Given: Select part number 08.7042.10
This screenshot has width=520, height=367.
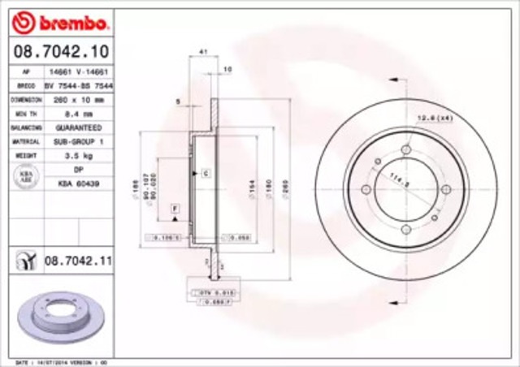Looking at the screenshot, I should pos(61,53).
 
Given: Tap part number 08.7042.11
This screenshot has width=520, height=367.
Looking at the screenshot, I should pos(77,260).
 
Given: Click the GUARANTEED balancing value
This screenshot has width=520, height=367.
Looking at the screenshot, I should pos(78,128).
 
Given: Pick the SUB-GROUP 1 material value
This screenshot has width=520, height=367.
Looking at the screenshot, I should pos(78,140).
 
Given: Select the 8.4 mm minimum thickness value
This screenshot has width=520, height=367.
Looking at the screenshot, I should pos(78,115).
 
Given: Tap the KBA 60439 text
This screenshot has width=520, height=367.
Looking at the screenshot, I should pos(78,184).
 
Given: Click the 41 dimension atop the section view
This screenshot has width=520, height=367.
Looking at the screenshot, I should pos(203,52).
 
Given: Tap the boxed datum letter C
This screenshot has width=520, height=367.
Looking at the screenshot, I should pos(206,174).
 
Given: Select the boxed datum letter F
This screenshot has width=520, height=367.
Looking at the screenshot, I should pos(174,209).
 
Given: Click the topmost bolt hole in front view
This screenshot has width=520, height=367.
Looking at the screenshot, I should pos(405,149).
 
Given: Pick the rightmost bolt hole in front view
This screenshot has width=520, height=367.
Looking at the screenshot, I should pos(445,190).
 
